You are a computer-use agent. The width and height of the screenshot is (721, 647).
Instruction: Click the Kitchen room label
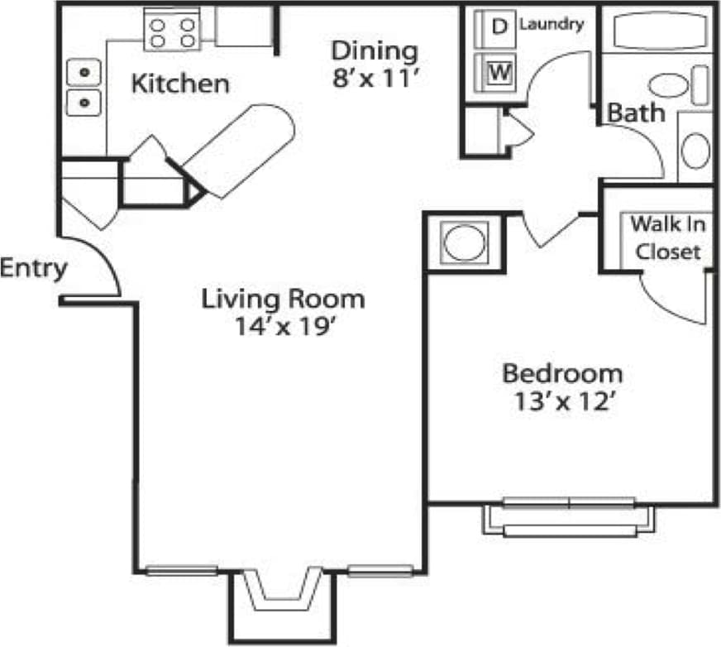pyautogui.click(x=181, y=84)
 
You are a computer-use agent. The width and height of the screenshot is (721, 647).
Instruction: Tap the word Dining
pyautogui.click(x=375, y=50)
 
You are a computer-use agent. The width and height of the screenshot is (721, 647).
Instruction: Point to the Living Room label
pyautogui.click(x=283, y=298)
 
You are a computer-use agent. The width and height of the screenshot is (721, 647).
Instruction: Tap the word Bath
pyautogui.click(x=636, y=113)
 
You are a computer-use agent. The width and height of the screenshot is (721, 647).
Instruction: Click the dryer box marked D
pyautogui.click(x=498, y=26)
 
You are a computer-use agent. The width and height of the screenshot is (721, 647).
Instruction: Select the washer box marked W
pyautogui.click(x=498, y=73)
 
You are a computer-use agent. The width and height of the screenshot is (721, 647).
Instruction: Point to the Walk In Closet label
pyautogui.click(x=666, y=237)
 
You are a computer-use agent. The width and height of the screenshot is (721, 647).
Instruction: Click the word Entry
pyautogui.click(x=32, y=269)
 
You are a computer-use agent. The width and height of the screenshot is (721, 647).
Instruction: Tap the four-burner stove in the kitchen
pyautogui.click(x=172, y=32)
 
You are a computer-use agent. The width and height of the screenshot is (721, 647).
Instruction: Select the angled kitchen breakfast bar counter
pyautogui.click(x=240, y=149)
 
